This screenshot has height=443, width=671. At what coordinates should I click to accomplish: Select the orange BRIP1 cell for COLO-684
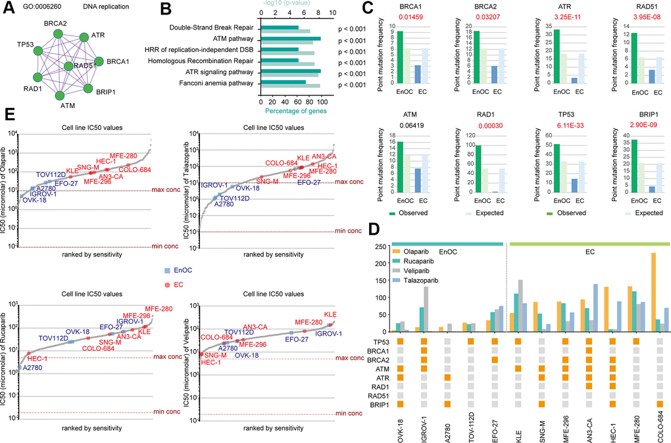(649, 404)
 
